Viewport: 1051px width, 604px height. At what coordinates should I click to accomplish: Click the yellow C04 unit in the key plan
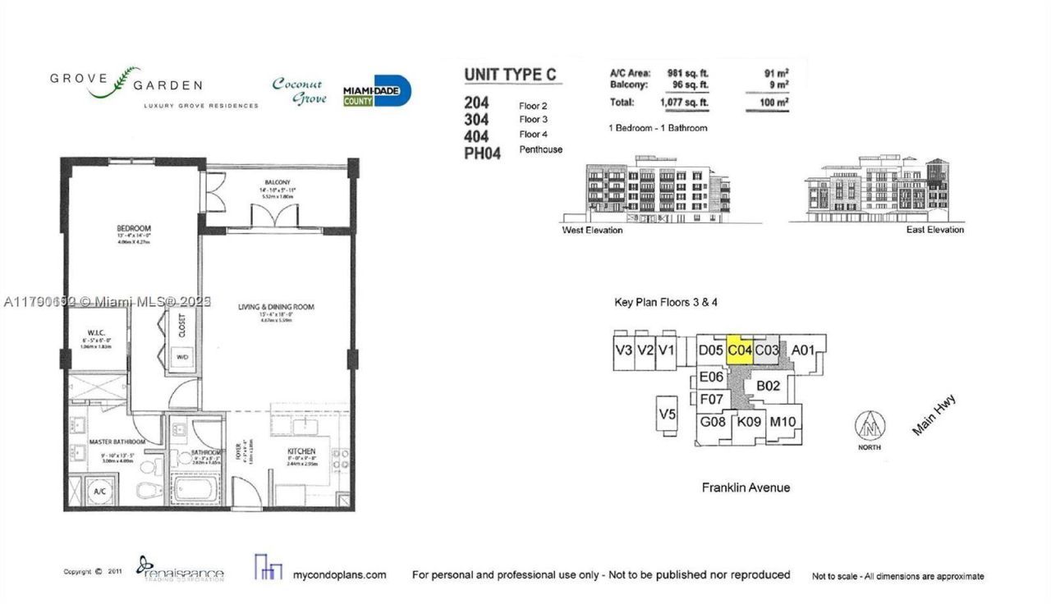coord(740,350)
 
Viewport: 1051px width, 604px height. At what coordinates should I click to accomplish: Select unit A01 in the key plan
coord(802,350)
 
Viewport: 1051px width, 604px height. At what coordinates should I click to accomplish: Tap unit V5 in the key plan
coord(667,414)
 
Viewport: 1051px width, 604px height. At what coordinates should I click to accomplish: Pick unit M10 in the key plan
coord(783,423)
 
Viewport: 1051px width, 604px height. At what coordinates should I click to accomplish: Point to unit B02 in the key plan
coord(768,385)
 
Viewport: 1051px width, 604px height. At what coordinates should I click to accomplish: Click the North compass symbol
coord(870,426)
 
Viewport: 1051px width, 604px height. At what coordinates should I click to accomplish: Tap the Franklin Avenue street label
coord(746,487)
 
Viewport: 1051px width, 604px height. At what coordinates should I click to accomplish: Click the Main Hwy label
coord(934,416)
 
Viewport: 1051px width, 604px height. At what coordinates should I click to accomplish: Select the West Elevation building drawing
coord(657,190)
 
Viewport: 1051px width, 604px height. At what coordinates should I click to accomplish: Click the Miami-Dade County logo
coord(376,92)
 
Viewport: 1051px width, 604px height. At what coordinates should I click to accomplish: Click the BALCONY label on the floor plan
coord(278,182)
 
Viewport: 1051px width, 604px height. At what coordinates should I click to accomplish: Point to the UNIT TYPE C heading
coord(510,75)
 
